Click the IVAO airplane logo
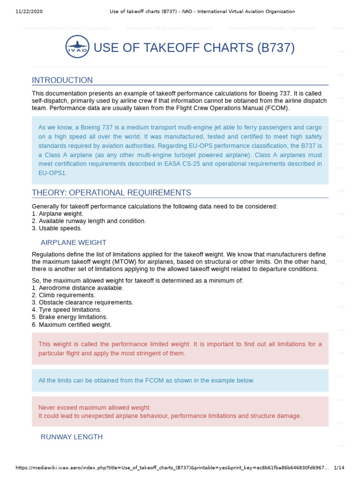point(77,47)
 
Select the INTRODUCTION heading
point(62,80)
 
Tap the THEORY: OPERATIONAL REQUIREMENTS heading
point(112,193)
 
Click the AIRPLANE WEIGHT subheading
point(74,242)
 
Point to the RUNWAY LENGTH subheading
point(72,436)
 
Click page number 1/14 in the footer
point(339,467)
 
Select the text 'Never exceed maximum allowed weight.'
point(95,408)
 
